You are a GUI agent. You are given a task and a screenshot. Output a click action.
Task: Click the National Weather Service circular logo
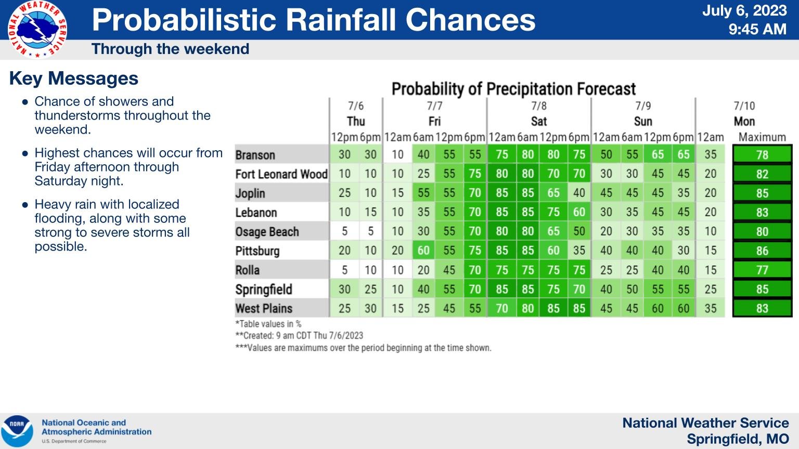tap(37, 30)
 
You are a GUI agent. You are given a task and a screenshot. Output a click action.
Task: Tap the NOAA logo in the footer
tap(17, 431)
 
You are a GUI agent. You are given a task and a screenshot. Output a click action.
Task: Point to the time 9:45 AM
tap(757, 29)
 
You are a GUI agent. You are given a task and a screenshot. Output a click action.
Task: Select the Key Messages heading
tap(74, 78)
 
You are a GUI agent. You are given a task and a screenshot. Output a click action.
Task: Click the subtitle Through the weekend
tap(170, 49)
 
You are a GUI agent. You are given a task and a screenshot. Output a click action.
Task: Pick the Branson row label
tap(255, 155)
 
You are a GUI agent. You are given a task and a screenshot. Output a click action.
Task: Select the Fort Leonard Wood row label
tap(281, 174)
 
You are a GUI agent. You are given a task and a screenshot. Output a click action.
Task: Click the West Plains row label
tap(264, 308)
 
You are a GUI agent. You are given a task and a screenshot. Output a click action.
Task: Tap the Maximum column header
tap(762, 137)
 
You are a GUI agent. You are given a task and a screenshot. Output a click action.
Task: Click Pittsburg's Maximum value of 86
tap(762, 251)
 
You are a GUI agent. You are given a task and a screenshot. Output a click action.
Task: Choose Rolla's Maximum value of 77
tap(762, 270)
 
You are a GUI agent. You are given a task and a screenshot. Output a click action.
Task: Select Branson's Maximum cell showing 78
tap(762, 155)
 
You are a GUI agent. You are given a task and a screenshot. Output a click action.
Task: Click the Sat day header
tap(539, 121)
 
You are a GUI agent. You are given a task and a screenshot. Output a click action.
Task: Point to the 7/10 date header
tap(744, 106)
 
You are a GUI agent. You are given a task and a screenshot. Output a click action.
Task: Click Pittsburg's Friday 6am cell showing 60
tap(423, 250)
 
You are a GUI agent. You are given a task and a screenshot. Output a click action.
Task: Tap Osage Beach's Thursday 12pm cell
tap(344, 231)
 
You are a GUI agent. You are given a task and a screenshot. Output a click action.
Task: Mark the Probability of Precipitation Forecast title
tap(513, 89)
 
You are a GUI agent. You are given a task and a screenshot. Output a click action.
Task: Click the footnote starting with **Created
tap(299, 336)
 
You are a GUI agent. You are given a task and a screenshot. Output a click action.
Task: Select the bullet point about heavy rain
tap(112, 226)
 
